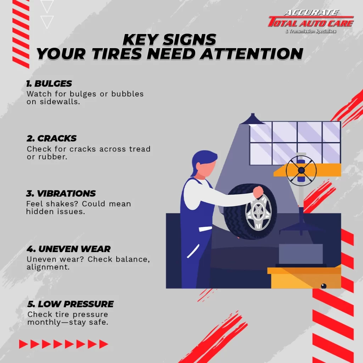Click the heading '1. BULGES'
(x=49, y=84)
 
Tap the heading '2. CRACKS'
(x=51, y=139)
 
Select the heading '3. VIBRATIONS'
(x=61, y=193)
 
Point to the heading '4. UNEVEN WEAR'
(x=68, y=249)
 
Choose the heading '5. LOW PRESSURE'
(x=71, y=304)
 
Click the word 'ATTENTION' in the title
(x=251, y=54)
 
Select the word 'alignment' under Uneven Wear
(x=47, y=267)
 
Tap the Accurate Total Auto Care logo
(x=311, y=21)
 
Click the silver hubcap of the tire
(x=258, y=212)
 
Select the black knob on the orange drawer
(x=324, y=286)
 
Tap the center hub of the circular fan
(x=301, y=171)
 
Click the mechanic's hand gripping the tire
(x=258, y=192)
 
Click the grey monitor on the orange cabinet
(x=301, y=254)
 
